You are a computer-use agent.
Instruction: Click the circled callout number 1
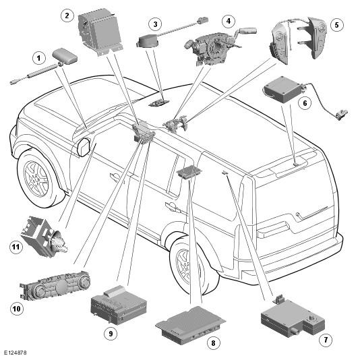(38, 58)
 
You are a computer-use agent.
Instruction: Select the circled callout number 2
(67, 16)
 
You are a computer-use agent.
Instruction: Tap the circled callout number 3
(155, 24)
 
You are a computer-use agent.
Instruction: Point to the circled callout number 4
(229, 21)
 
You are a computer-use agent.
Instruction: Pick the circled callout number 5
(337, 24)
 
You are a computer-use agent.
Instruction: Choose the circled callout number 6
(305, 103)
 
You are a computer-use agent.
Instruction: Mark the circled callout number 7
(326, 339)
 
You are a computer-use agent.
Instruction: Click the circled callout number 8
(213, 343)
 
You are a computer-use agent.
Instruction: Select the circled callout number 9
(111, 333)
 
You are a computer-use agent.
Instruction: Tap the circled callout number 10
(17, 309)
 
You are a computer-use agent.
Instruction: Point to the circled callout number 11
(16, 247)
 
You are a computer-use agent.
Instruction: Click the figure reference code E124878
(15, 353)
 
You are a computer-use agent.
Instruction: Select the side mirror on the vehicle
(84, 147)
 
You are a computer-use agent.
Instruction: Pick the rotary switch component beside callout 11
(44, 237)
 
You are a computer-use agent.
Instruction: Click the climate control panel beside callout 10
(55, 287)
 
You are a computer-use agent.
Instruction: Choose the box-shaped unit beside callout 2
(100, 32)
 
